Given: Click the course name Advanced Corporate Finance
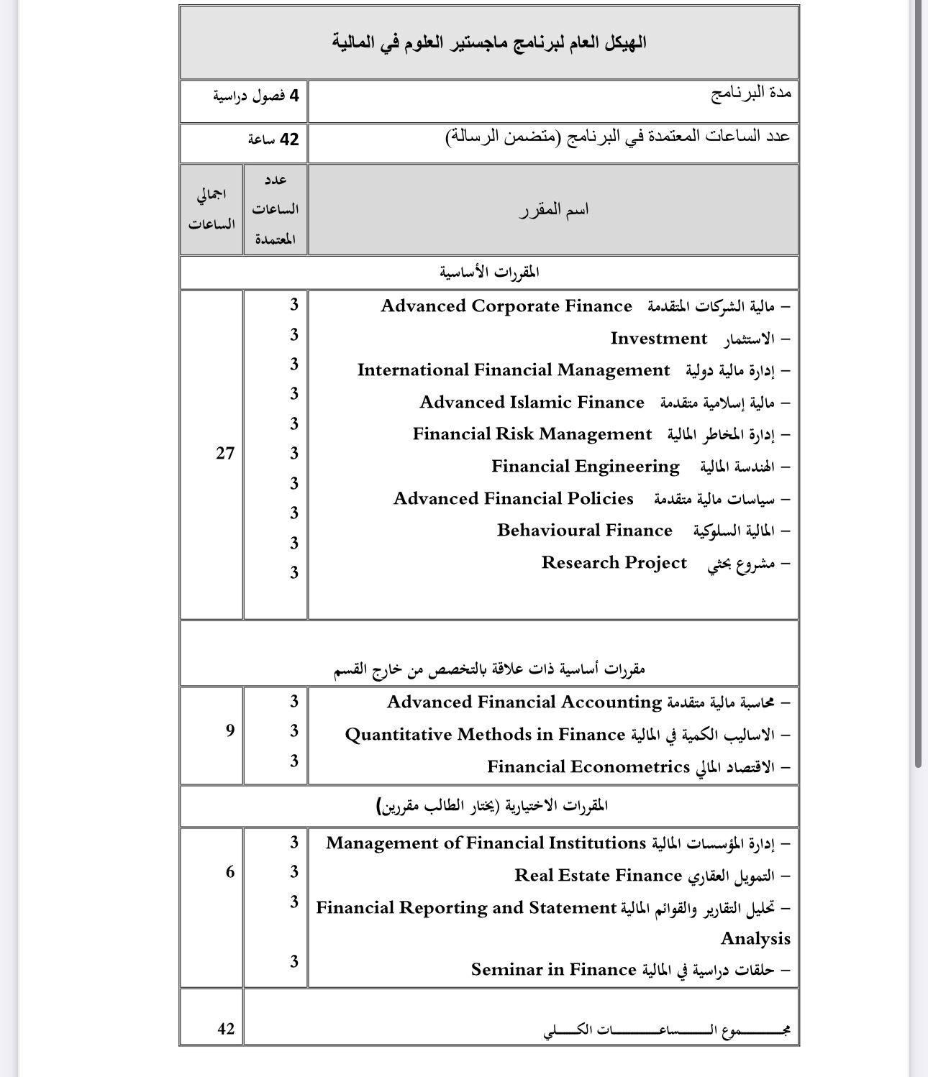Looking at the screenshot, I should (506, 306).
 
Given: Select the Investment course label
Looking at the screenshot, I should (658, 339).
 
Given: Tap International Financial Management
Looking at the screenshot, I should (513, 370).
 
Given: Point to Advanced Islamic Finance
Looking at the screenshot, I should (532, 403).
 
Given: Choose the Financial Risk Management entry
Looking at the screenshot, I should (532, 434).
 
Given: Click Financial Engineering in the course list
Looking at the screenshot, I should (585, 467).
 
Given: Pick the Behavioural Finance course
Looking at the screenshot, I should (584, 531).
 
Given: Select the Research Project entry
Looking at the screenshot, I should (614, 563).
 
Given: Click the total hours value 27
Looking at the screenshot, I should (225, 453).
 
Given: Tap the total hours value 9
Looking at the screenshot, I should (230, 730).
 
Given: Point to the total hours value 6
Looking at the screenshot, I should (230, 872).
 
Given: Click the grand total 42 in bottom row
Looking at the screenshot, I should (226, 1029).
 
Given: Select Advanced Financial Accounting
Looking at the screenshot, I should (524, 702).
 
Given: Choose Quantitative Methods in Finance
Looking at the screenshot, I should (484, 735).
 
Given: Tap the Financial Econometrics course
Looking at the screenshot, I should (588, 767).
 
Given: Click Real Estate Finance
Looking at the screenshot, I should (597, 876).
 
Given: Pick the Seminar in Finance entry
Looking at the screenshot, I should (553, 971).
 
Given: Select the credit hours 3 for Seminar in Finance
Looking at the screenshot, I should (294, 961).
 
